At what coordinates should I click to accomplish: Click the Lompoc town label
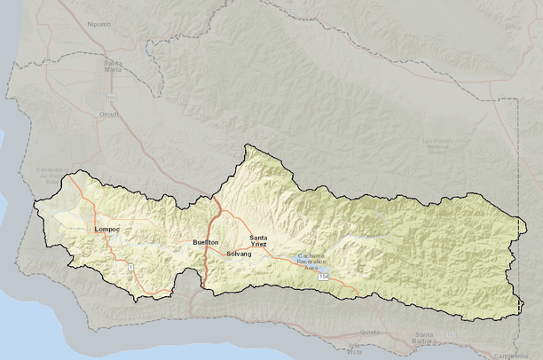tap(106, 230)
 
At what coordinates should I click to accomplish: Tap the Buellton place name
tap(205, 242)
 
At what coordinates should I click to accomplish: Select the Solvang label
tap(239, 254)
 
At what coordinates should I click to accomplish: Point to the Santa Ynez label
tap(259, 240)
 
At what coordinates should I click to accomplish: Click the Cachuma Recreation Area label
tap(312, 260)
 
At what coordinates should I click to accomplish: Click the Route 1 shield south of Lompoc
tap(130, 266)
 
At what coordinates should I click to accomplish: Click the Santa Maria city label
tap(114, 66)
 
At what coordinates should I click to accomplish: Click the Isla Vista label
tap(356, 348)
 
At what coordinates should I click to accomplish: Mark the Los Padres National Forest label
tap(437, 146)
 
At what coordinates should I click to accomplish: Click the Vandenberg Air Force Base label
tap(54, 173)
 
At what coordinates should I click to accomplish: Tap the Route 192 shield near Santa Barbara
tap(451, 333)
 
